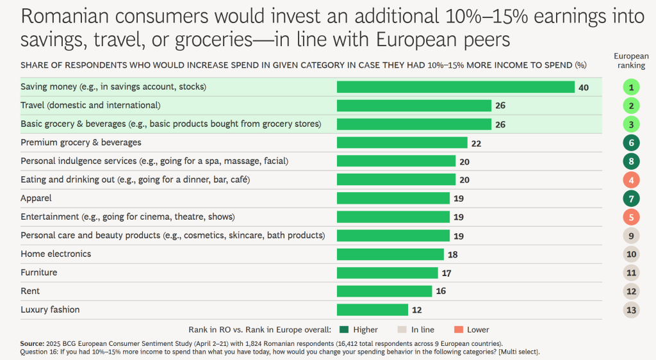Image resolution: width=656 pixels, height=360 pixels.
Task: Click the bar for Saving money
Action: tap(455, 87)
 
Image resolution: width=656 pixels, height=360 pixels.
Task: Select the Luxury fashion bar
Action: tap(372, 310)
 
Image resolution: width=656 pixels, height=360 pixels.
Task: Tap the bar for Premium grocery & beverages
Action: tap(402, 143)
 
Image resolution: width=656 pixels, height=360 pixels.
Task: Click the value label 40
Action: tap(583, 87)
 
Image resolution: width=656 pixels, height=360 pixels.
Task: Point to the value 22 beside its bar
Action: tap(476, 143)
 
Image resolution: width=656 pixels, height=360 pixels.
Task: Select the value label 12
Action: tap(416, 310)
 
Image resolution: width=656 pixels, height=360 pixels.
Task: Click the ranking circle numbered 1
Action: tap(631, 87)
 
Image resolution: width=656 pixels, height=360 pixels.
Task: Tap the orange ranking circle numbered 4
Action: tap(631, 180)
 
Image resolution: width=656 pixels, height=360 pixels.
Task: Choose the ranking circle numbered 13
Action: tap(631, 310)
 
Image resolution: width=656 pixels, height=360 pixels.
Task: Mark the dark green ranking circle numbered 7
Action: tap(631, 199)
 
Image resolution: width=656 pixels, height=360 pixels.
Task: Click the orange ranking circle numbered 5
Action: tap(631, 217)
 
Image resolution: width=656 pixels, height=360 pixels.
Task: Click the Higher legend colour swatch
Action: tap(344, 330)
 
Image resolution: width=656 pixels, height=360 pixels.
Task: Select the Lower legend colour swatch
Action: tap(458, 330)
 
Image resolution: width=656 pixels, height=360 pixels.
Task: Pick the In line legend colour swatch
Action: tap(402, 330)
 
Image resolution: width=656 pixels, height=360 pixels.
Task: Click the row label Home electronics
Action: tap(56, 254)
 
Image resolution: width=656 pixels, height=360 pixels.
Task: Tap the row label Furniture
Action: tap(39, 273)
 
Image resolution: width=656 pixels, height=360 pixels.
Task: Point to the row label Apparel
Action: tap(36, 199)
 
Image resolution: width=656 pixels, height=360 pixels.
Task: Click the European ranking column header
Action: tap(631, 61)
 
